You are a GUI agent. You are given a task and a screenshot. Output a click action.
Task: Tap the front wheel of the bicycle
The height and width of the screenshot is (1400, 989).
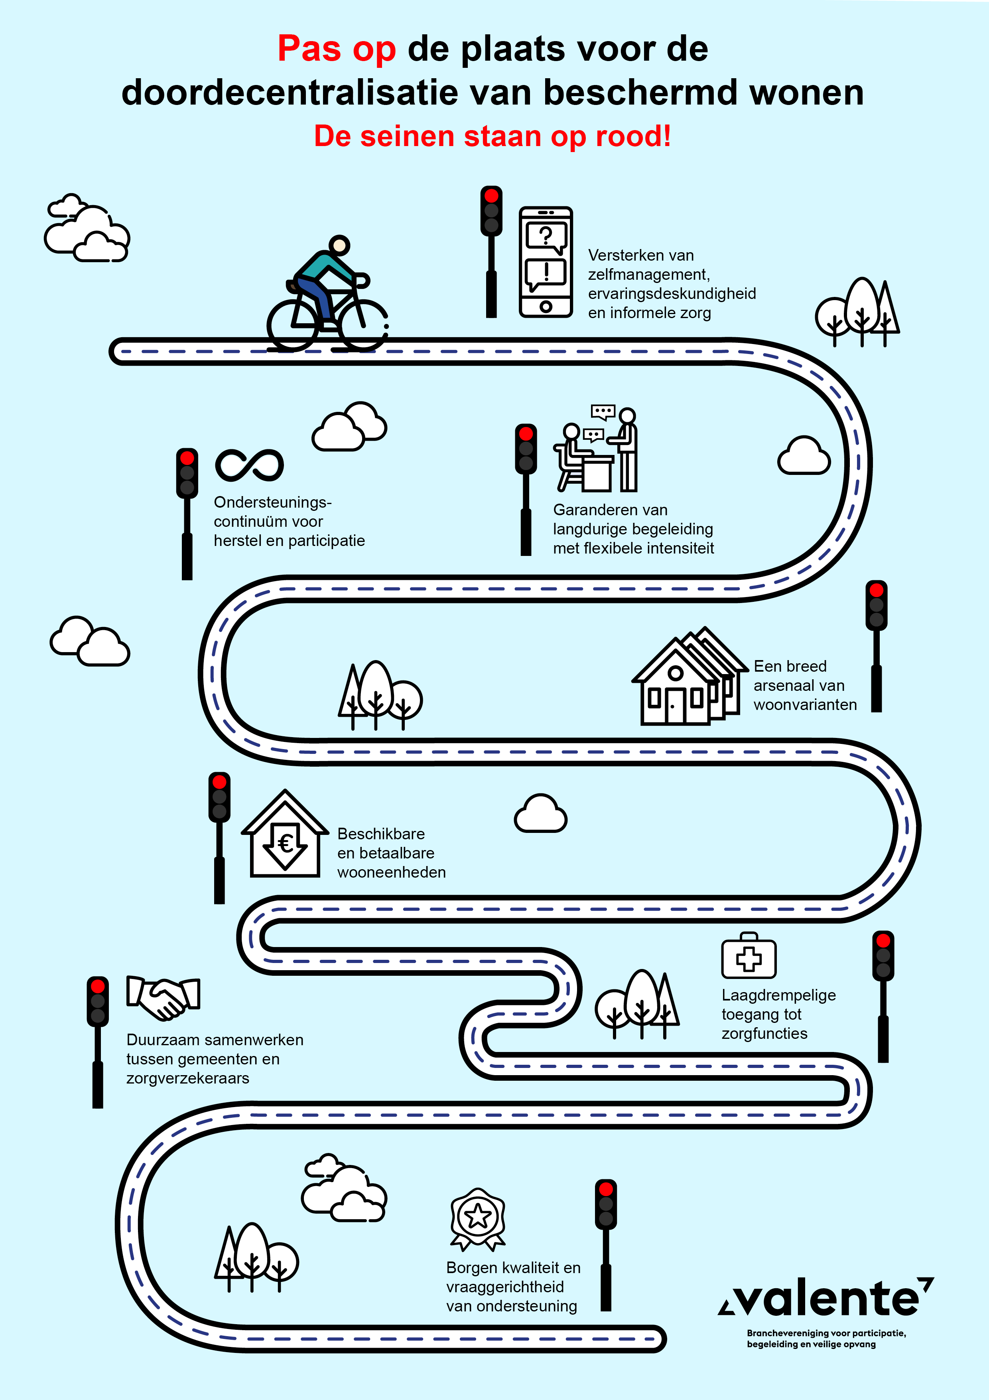[364, 325]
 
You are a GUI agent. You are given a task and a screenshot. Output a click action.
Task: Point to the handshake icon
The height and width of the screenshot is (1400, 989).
[163, 998]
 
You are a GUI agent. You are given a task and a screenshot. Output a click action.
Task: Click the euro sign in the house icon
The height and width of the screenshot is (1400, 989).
[285, 843]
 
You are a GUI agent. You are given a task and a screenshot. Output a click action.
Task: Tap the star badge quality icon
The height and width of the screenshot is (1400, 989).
[478, 1218]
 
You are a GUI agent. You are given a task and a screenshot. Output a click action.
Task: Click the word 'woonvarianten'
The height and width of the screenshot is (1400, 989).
[805, 705]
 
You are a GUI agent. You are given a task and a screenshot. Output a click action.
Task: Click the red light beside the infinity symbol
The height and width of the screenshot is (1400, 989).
[187, 458]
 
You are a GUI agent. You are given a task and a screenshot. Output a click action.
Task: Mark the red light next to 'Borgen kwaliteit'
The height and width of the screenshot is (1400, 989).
[606, 1189]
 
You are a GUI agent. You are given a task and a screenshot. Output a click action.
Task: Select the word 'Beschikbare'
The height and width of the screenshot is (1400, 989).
[381, 834]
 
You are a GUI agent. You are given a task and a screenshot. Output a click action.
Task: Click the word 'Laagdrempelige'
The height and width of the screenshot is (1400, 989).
[778, 995]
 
